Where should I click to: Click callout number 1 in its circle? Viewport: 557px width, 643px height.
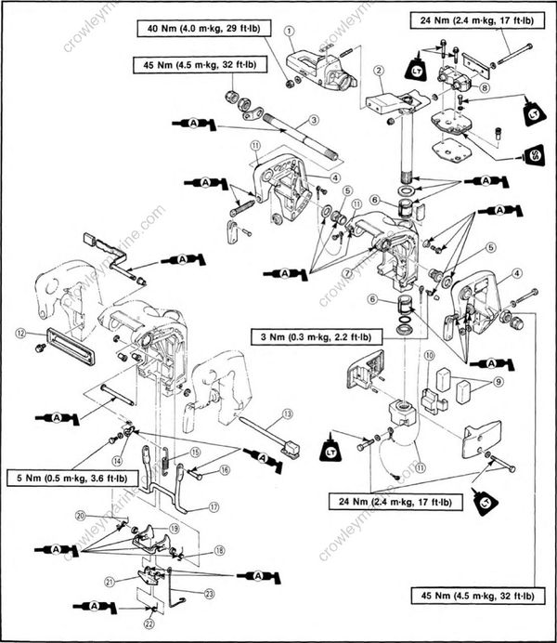click(290, 31)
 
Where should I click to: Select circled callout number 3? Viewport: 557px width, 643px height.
click(315, 120)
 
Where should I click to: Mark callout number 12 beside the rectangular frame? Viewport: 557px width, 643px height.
click(19, 331)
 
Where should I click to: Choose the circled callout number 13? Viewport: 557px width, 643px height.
click(288, 413)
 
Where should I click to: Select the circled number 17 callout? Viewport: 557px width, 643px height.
click(214, 507)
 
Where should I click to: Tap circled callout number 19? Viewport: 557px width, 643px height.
click(174, 527)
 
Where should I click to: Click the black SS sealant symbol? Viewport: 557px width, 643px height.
click(534, 153)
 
